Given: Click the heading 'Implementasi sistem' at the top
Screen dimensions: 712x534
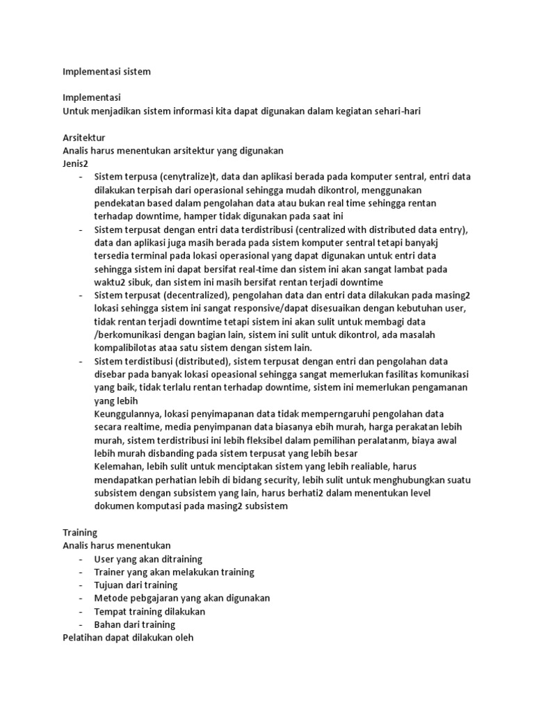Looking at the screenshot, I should [x=106, y=71].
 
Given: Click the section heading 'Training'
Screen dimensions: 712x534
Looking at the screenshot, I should [x=79, y=532].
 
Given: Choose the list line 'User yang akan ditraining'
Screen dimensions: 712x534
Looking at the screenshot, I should [x=149, y=558].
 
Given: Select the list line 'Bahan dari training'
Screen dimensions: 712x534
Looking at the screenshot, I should [x=135, y=624].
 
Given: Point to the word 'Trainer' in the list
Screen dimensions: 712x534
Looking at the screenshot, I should [x=111, y=572].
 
